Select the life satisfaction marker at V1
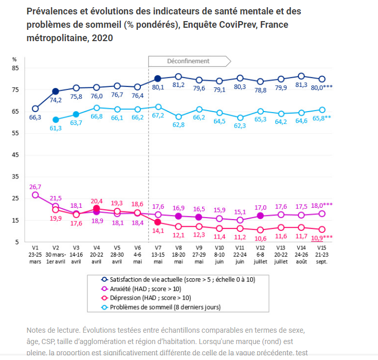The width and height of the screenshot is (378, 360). [35, 109]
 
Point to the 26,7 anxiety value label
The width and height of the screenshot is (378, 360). [35, 186]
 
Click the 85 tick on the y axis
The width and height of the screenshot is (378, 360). [15, 68]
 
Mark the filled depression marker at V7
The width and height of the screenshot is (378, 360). [158, 222]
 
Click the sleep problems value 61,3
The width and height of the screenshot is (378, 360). [56, 128]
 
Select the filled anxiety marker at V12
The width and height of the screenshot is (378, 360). [260, 216]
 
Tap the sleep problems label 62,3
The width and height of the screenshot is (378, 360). [240, 126]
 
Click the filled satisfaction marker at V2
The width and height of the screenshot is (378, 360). [56, 92]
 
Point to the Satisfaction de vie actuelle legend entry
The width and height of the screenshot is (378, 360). [177, 279]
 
